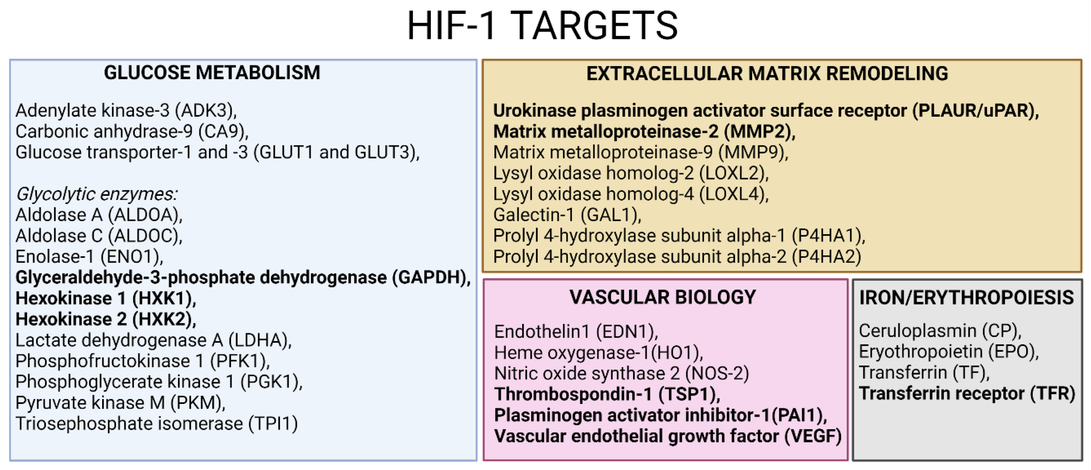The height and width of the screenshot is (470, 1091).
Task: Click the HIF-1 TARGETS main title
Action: pos(543,26)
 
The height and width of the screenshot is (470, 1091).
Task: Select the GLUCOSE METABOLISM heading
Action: pos(212,73)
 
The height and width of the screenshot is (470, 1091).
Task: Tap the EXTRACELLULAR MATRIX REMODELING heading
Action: pos(767,74)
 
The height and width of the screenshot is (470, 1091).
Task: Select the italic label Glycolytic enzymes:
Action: pos(97,194)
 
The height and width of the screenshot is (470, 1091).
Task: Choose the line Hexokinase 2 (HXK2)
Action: pos(106,319)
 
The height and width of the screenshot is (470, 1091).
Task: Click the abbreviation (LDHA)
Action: pos(258,340)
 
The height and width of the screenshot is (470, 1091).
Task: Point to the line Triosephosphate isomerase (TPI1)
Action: pos(157,424)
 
